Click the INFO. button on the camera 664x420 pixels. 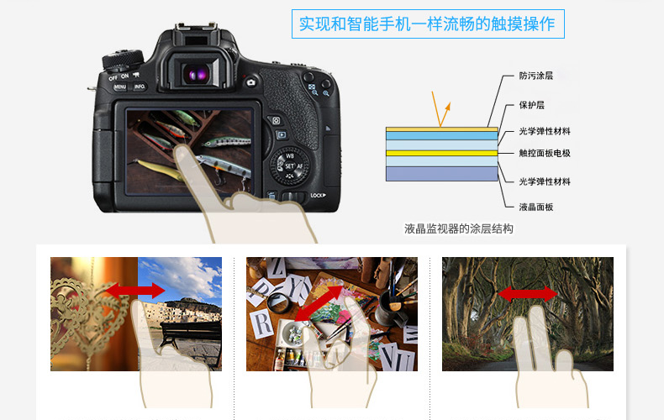tap(140, 87)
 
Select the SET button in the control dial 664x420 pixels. tap(289, 166)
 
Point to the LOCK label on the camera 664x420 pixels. tap(318, 195)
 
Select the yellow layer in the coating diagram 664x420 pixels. tap(441, 153)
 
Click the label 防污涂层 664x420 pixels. tap(535, 76)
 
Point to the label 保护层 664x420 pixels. tap(531, 105)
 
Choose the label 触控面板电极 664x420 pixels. tap(545, 153)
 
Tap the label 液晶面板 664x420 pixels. tap(535, 207)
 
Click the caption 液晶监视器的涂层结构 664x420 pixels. tap(458, 228)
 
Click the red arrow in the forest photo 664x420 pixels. tap(527, 294)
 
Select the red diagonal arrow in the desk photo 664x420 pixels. tap(319, 303)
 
